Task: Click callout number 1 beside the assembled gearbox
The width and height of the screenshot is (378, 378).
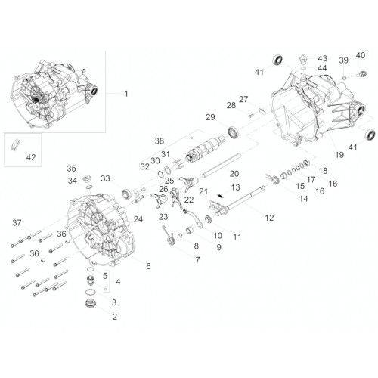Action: [126, 94]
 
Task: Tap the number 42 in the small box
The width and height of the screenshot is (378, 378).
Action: [31, 157]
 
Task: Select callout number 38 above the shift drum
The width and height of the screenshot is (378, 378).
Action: [160, 141]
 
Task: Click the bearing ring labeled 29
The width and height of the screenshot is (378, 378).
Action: [234, 133]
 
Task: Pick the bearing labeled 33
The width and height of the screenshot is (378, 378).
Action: [125, 194]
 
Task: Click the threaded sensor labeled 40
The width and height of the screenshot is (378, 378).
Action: [362, 73]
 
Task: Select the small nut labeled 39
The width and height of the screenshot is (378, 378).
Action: [345, 77]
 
